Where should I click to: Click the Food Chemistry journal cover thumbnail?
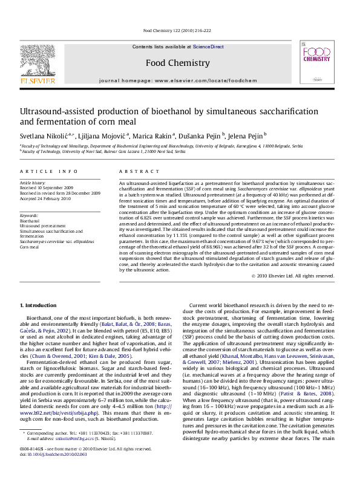(x=316, y=65)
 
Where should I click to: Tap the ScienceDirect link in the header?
(x=208, y=47)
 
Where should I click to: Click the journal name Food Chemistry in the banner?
(x=177, y=62)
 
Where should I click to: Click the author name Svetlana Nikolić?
(x=45, y=135)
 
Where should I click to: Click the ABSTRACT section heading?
(x=138, y=172)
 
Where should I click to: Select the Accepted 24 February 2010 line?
(x=46, y=198)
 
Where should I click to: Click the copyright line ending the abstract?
(x=293, y=276)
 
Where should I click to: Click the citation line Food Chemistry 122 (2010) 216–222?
(x=177, y=30)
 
